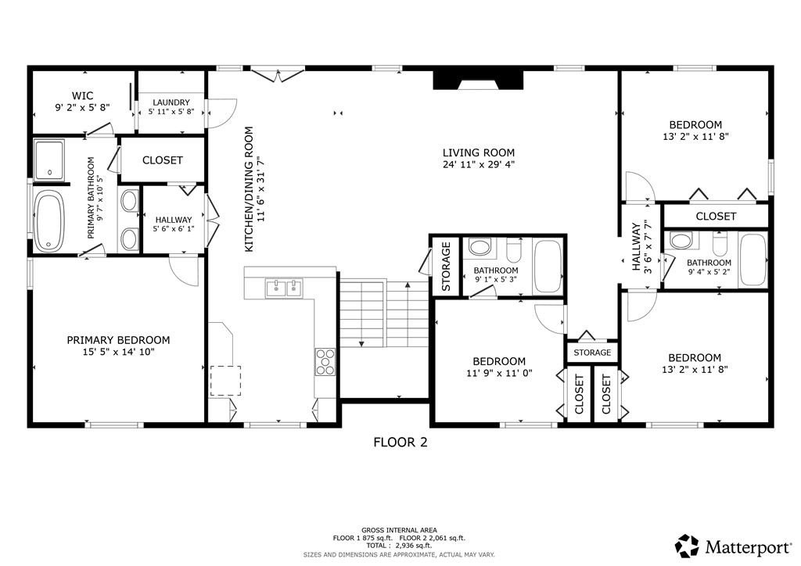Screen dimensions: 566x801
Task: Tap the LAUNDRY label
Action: (171, 102)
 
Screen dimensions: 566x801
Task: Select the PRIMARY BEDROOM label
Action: (118, 340)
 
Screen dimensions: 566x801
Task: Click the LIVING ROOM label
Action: (479, 152)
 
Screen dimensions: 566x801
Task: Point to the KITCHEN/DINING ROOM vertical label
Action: (250, 189)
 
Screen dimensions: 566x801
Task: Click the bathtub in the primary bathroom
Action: (48, 221)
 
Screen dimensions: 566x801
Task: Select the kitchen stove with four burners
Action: (325, 361)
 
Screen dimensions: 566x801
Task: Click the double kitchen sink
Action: (284, 288)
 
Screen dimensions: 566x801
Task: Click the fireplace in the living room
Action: (478, 81)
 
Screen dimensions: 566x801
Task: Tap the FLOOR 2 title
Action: (400, 442)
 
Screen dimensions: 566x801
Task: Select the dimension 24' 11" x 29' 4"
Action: (479, 164)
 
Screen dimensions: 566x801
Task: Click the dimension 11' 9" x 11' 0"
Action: (498, 373)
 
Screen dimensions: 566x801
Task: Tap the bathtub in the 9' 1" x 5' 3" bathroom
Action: (547, 266)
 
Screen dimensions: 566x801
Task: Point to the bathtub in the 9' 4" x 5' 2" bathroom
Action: (754, 260)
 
